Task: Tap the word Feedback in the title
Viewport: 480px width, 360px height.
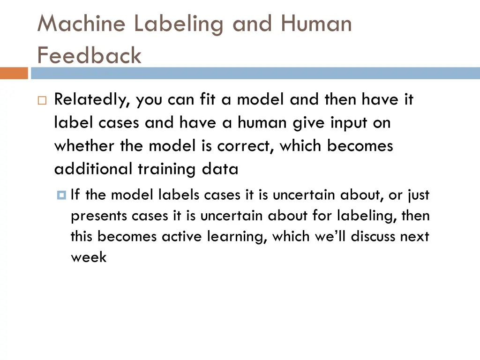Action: coord(89,56)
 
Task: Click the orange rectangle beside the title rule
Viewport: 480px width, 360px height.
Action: coord(14,74)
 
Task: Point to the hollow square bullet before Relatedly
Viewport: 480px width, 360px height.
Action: coord(42,101)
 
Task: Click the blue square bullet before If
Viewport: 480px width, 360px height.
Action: coord(61,195)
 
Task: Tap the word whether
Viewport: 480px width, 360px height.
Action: coord(85,146)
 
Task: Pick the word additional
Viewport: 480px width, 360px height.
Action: coord(94,169)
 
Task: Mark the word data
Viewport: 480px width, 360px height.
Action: coord(220,169)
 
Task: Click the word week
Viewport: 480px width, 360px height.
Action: coord(89,257)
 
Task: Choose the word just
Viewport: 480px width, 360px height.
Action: coord(418,195)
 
